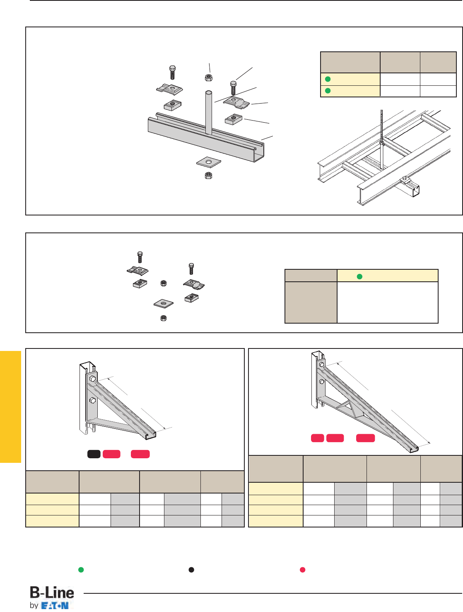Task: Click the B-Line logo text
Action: point(52,593)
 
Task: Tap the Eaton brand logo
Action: point(55,606)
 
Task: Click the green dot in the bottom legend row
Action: point(81,570)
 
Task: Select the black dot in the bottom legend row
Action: point(191,570)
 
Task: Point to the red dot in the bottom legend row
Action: point(303,570)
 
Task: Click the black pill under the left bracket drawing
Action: point(94,454)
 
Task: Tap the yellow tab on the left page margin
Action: point(10,407)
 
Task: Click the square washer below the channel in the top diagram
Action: point(209,162)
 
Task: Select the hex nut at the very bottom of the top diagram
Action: point(208,175)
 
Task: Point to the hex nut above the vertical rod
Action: point(209,77)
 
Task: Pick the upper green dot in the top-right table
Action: point(328,79)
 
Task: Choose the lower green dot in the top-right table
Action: point(328,91)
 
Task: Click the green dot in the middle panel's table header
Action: point(359,277)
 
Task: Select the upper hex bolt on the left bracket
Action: point(93,379)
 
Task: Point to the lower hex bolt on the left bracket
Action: point(93,401)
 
